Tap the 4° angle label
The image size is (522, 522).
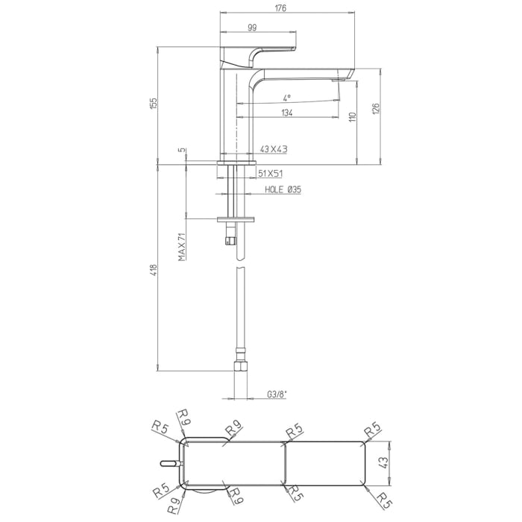[287, 97]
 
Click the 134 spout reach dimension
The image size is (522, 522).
[286, 113]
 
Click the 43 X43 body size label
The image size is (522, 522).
[274, 150]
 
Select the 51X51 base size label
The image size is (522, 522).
[270, 173]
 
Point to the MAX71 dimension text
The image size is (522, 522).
[181, 245]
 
